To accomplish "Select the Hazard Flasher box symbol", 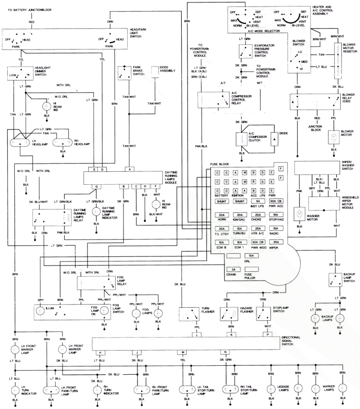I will tap(228, 314).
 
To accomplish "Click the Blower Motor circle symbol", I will tap(333, 136).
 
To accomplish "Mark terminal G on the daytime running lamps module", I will tap(95, 186).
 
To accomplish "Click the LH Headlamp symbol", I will tap(21, 142).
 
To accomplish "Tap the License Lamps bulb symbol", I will tap(271, 388).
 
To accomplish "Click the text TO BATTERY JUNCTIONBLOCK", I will tap(30, 9).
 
